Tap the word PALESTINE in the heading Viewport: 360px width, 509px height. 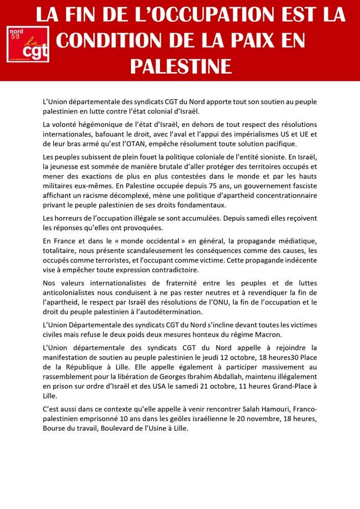click(181, 66)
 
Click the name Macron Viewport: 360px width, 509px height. click(268, 335)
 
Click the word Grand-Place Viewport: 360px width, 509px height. click(305, 387)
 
